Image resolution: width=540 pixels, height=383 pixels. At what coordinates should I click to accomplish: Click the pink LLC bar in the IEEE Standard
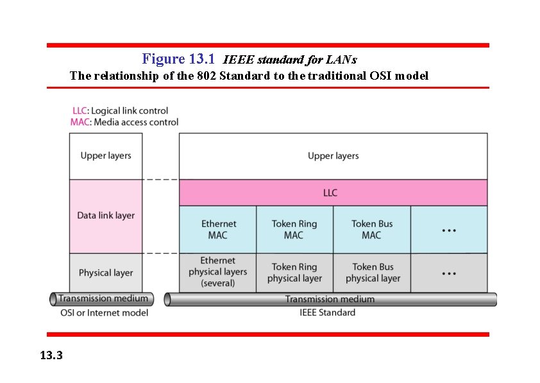[333, 193]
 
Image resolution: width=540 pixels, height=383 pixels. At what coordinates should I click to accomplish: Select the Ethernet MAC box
[218, 229]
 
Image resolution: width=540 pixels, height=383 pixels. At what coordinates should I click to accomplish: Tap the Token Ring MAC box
[294, 229]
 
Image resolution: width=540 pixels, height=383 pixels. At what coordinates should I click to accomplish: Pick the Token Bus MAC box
[372, 229]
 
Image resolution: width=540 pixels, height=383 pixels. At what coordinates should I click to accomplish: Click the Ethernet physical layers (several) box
[218, 272]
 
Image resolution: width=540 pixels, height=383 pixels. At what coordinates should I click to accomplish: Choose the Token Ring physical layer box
[294, 272]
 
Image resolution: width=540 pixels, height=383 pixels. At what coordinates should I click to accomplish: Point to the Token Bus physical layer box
[372, 272]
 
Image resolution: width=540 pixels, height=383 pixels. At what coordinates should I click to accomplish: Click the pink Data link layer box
[106, 216]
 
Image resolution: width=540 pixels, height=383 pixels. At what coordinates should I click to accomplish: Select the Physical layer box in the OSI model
[106, 272]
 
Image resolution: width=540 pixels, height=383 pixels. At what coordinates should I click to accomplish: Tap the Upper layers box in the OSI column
[106, 156]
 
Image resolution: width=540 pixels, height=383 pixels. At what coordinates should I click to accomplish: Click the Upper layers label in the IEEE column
[333, 156]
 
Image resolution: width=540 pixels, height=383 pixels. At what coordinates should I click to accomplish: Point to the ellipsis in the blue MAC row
[449, 229]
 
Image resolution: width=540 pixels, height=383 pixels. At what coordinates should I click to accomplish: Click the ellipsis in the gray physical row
[449, 272]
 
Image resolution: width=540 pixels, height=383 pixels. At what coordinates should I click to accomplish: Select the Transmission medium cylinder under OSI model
[103, 298]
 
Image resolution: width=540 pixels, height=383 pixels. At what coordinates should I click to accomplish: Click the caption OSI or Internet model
[103, 313]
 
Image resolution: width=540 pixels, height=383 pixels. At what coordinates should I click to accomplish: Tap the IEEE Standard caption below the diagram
[327, 313]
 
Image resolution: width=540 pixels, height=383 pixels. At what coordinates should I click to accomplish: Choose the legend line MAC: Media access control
[124, 122]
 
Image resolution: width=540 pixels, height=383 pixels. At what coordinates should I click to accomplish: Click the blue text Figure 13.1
[178, 59]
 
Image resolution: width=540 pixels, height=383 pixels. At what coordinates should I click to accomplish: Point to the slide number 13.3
[51, 355]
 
